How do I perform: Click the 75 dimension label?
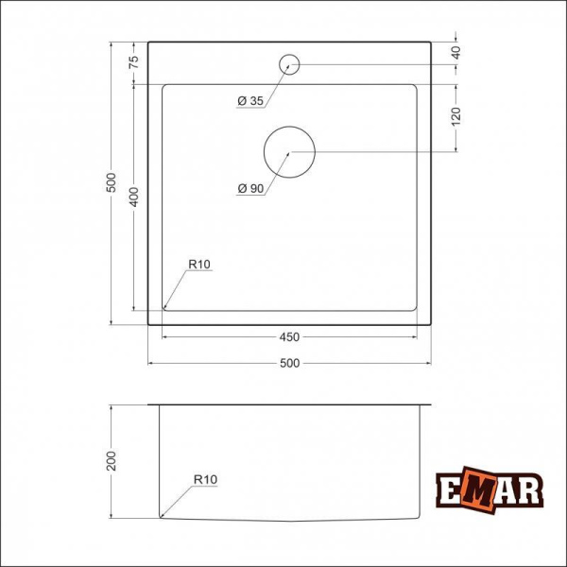click(134, 62)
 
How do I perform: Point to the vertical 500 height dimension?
click(111, 182)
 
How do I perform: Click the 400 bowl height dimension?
click(134, 197)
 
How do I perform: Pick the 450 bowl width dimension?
click(289, 336)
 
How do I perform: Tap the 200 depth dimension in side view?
click(111, 461)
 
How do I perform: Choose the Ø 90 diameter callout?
click(250, 189)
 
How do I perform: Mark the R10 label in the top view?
click(198, 265)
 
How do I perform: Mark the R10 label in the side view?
click(205, 480)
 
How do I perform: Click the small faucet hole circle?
click(289, 64)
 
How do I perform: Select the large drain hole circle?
click(289, 151)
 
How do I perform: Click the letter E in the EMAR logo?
click(453, 490)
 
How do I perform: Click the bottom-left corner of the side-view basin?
click(162, 516)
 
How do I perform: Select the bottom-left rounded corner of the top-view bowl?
click(166, 306)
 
